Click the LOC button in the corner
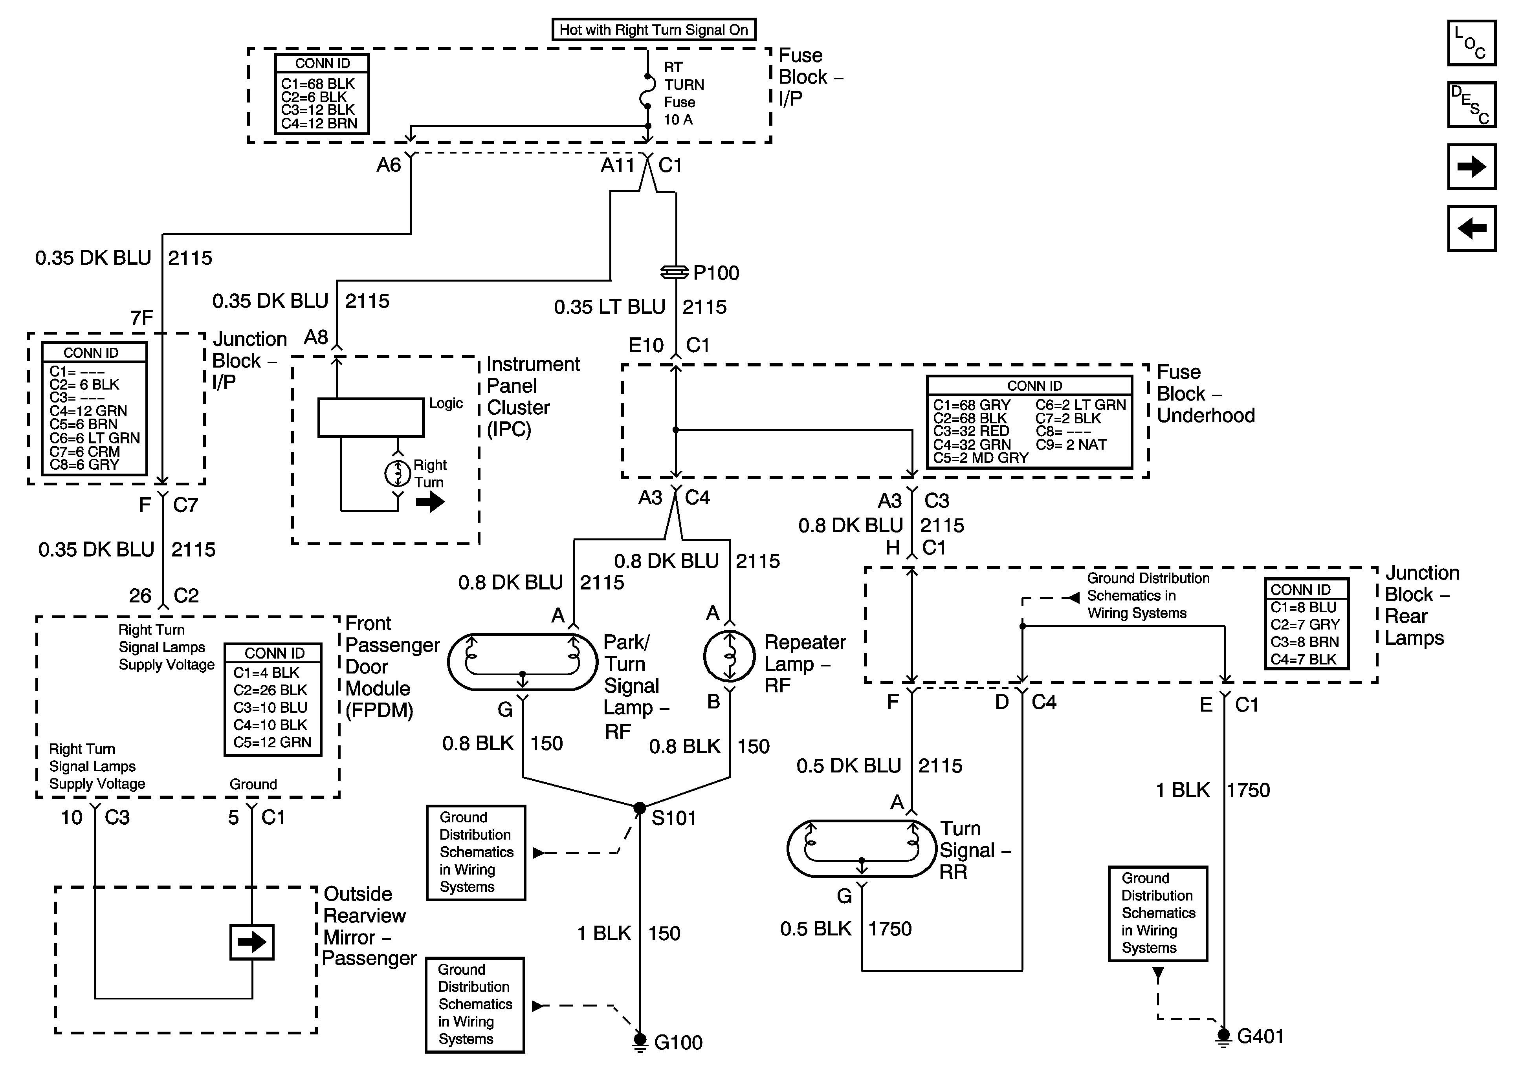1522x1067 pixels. [x=1471, y=43]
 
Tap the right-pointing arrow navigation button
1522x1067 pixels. [x=1471, y=167]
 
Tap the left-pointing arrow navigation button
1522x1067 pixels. [x=1471, y=229]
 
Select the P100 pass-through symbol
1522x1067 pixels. [x=675, y=273]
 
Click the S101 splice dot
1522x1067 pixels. [x=640, y=808]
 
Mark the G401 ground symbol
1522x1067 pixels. [x=1224, y=1036]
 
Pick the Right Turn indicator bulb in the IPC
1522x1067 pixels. [x=398, y=473]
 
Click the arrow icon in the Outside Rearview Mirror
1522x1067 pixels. [x=252, y=942]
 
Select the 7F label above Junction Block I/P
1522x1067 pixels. [x=142, y=318]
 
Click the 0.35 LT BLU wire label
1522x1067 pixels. [x=609, y=307]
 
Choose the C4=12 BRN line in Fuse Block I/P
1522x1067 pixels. [x=319, y=123]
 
